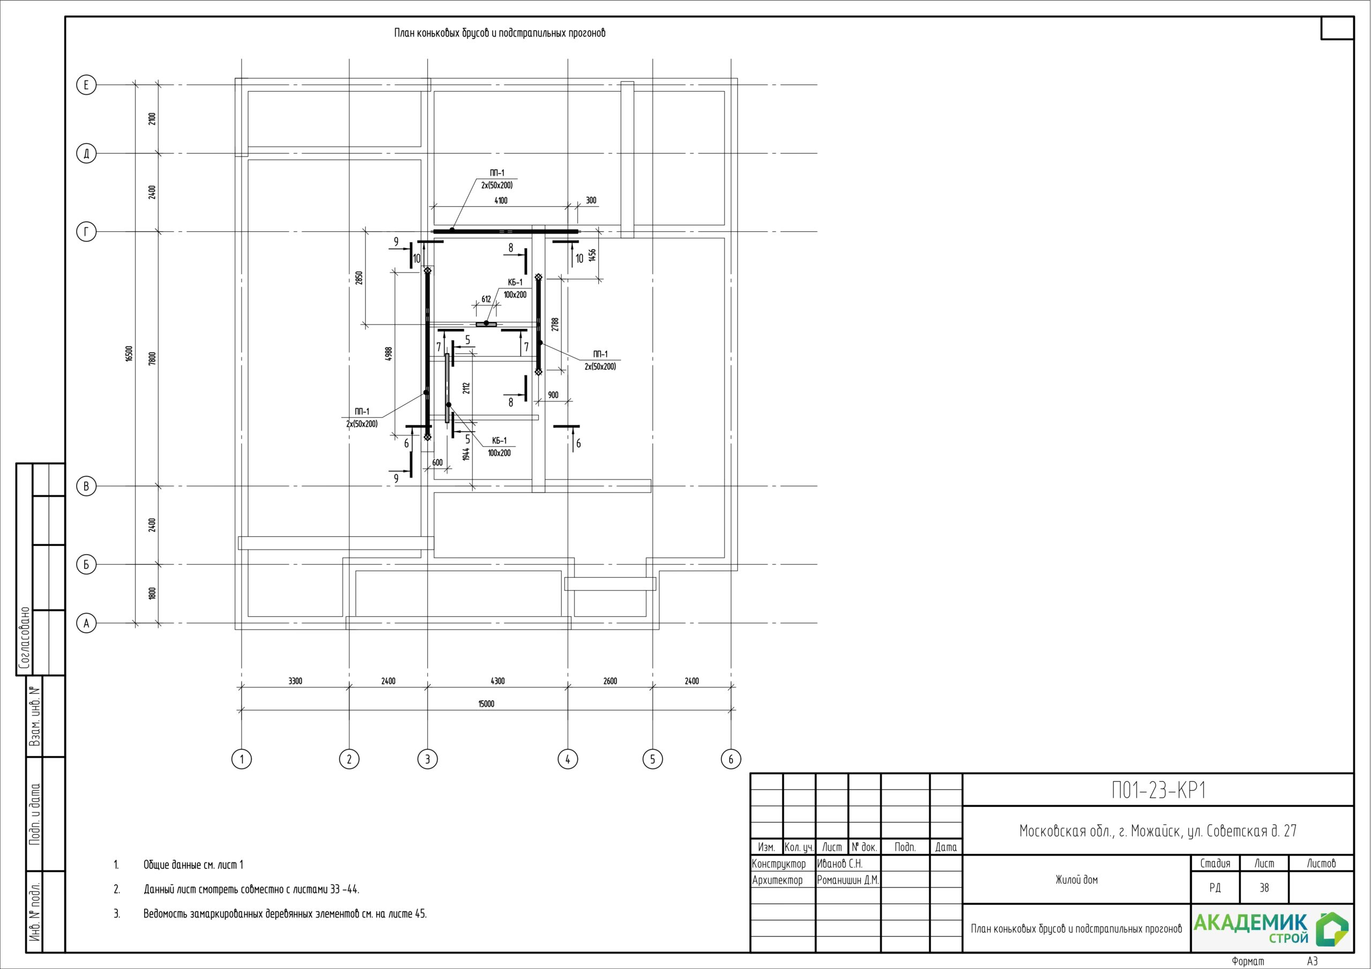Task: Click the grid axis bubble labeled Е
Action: point(86,85)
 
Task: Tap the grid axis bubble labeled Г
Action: point(86,232)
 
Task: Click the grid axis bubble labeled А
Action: point(86,623)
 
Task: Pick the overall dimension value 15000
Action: point(486,704)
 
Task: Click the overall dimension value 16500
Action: point(129,353)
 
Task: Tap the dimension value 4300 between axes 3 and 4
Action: point(498,680)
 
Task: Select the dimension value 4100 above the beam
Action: point(501,201)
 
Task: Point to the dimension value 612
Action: point(486,299)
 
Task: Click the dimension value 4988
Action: point(389,354)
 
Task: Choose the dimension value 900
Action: point(553,395)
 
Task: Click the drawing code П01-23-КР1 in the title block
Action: point(1158,791)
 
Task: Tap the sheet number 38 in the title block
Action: point(1264,888)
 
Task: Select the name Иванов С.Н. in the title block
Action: point(840,864)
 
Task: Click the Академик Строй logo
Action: point(1271,928)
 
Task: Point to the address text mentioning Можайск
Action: point(1158,831)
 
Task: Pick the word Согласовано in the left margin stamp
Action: point(25,638)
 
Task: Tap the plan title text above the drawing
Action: point(500,33)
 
